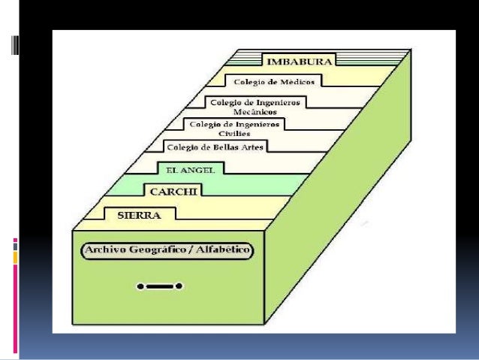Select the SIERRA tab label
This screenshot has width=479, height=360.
click(x=140, y=215)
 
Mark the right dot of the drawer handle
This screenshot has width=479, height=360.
click(x=181, y=286)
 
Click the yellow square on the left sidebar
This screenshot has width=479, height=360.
click(x=16, y=258)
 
